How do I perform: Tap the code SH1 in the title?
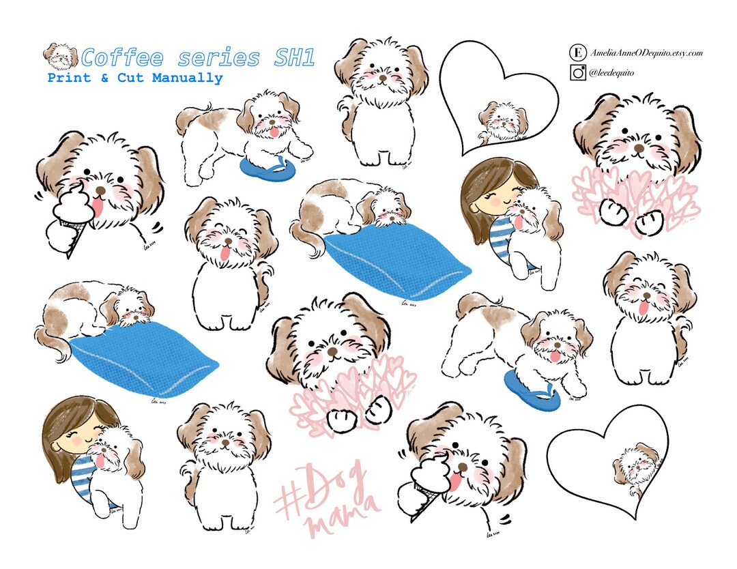tap(294, 57)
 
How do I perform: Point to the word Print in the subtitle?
tap(70, 78)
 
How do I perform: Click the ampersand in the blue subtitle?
tap(104, 78)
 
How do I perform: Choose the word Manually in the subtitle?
tap(187, 78)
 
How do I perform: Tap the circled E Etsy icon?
tap(577, 53)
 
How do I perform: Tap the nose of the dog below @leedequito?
tap(638, 147)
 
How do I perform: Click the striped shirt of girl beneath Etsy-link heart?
tap(500, 233)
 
